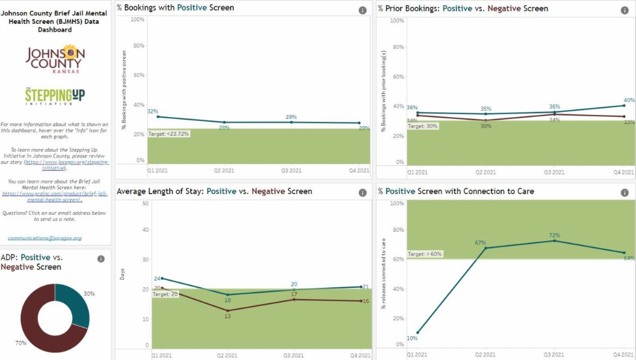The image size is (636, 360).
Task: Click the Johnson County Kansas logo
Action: point(55,58)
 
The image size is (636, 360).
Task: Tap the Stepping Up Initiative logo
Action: point(55,95)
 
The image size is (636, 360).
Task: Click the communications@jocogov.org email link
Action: point(45,238)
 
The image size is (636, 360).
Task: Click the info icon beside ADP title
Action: point(101,259)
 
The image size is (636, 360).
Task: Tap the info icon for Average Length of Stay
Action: point(363,193)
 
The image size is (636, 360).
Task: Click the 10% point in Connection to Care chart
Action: point(417,332)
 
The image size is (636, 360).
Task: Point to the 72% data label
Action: point(554,235)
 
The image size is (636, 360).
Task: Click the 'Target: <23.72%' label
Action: point(169,134)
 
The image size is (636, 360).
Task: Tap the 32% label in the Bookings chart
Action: point(153,111)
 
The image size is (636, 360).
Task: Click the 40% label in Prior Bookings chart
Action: point(629,100)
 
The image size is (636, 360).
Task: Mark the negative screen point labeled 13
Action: point(227,311)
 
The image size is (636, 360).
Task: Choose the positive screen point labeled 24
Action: point(162,278)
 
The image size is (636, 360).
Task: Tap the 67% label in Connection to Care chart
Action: point(480,242)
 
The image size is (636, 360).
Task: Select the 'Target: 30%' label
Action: point(423,126)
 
